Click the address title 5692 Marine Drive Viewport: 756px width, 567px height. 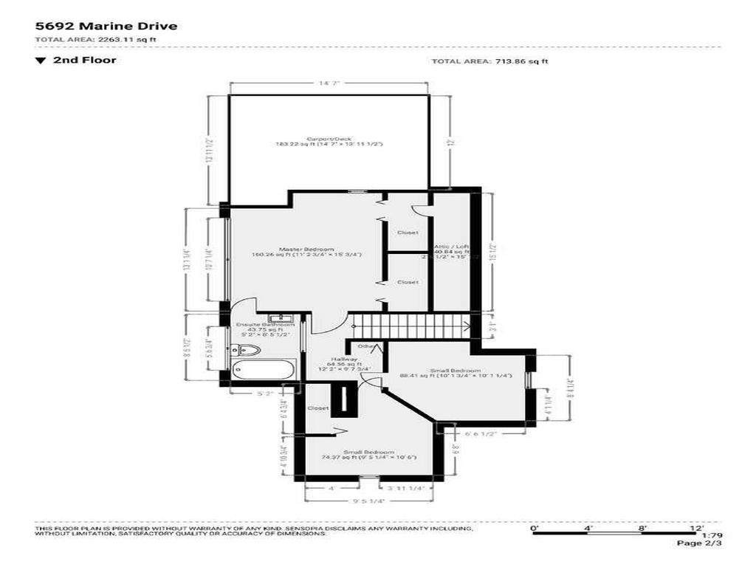(106, 27)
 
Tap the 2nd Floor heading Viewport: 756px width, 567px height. (83, 61)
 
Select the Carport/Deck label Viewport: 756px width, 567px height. (329, 139)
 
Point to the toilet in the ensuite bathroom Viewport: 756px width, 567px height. (249, 349)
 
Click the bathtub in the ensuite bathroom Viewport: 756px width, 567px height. (263, 370)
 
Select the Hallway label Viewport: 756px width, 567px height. (344, 359)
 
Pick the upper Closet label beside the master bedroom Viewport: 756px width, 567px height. (408, 233)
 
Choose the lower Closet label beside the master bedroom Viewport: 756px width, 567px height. (408, 282)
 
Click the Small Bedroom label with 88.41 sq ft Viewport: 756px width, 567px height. (461, 371)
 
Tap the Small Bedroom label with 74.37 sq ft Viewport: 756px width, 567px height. (368, 453)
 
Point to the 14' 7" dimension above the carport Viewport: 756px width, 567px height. (329, 84)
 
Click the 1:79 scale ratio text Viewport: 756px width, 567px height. (712, 535)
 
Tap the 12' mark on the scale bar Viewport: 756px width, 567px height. (697, 529)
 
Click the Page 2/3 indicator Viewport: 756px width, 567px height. (699, 543)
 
